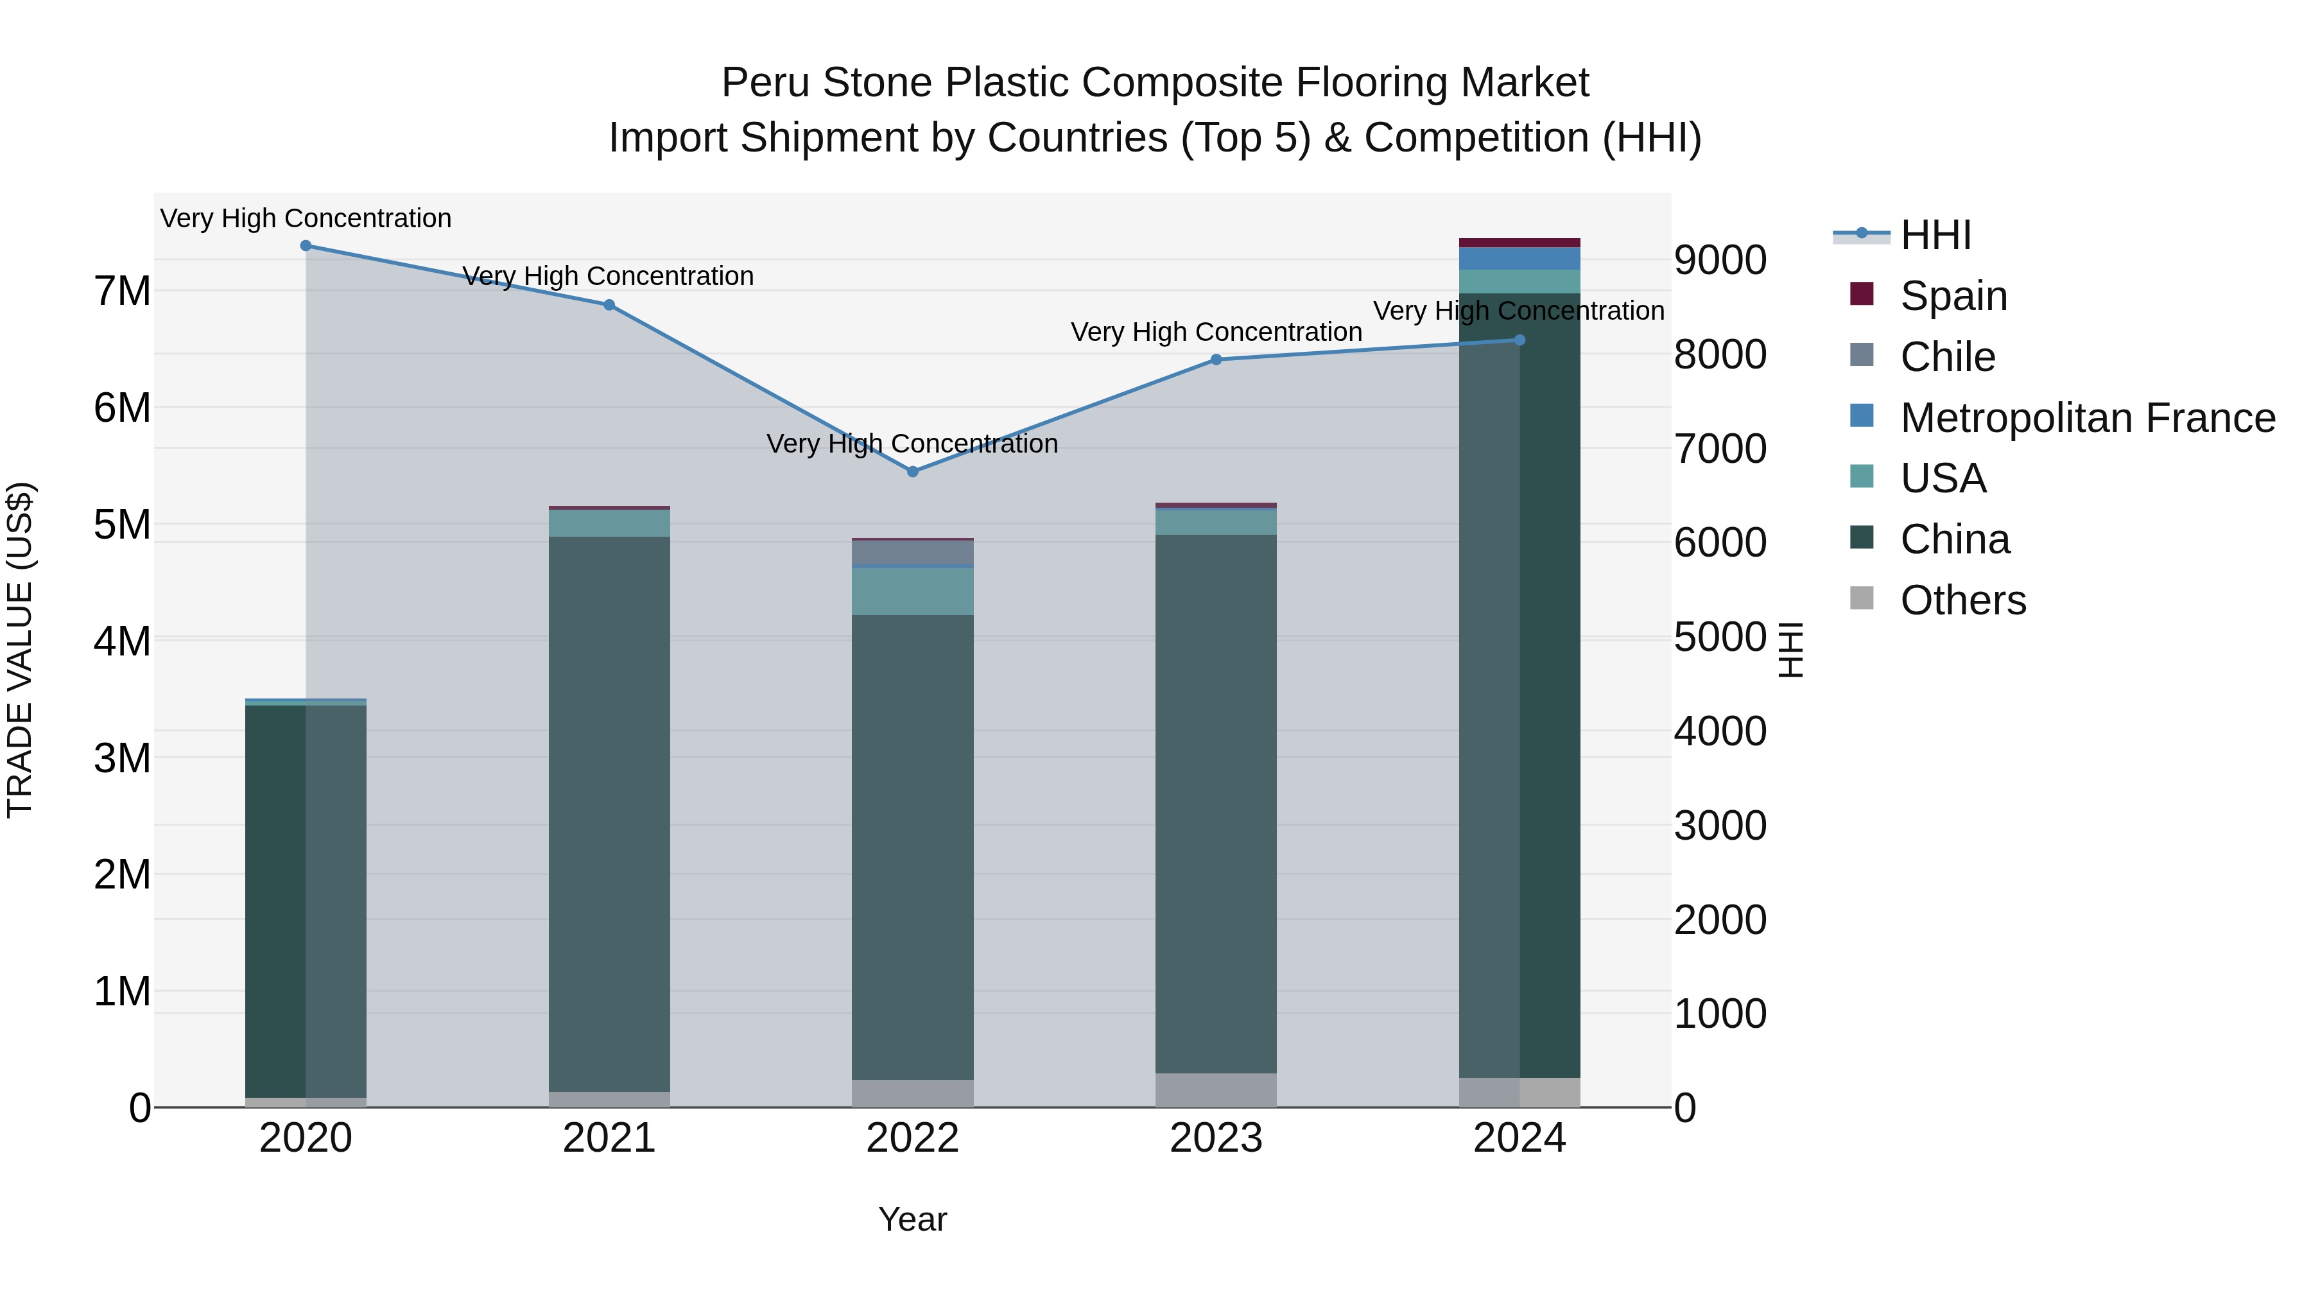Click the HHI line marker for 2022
click(912, 471)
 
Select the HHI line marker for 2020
click(306, 245)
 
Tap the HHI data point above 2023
click(1216, 359)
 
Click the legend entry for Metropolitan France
click(2087, 417)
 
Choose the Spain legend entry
click(1953, 295)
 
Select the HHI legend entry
click(1935, 235)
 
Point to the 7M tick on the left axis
click(122, 291)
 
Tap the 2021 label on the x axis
click(609, 1138)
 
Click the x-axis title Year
click(912, 1219)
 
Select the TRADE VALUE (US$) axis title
click(20, 650)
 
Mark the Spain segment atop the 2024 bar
click(1519, 242)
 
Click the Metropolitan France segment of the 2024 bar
click(1519, 258)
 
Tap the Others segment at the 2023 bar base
click(1216, 1089)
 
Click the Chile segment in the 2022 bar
click(912, 551)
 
